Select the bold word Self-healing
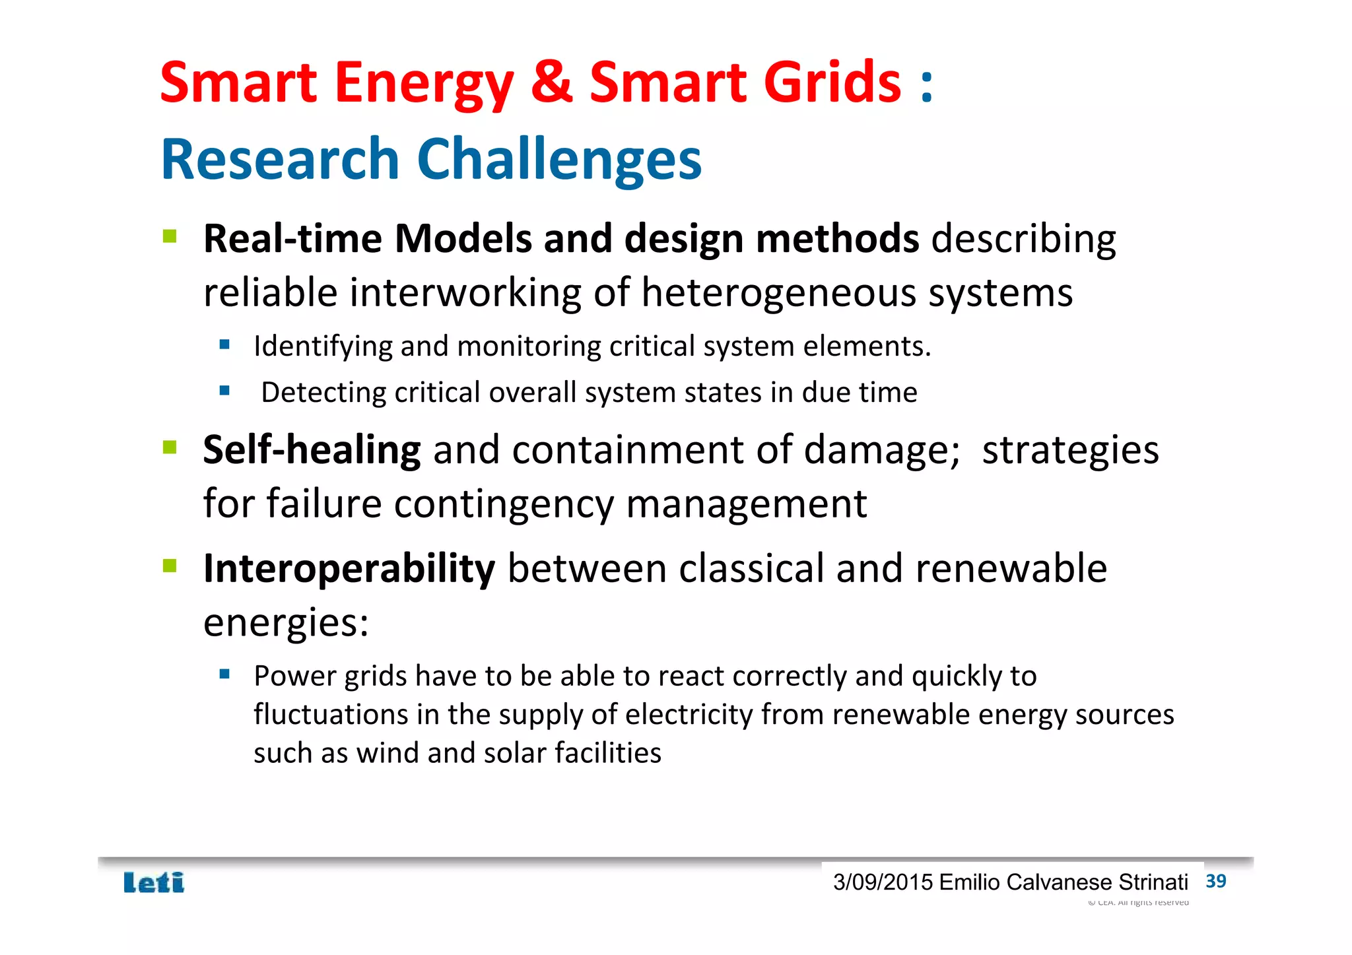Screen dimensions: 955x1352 [312, 450]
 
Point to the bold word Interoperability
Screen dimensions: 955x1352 [349, 569]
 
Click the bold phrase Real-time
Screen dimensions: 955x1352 [292, 238]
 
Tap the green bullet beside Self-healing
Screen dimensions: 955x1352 [170, 447]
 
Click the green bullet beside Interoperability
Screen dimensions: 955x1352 [170, 566]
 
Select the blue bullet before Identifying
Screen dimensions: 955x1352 [224, 344]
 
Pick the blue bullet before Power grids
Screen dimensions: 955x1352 [224, 674]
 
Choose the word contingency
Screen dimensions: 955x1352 [504, 505]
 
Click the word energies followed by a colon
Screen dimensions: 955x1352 [285, 622]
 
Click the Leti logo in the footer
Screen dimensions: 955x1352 [154, 882]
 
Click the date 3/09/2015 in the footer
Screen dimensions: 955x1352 [883, 882]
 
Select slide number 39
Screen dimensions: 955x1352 [1215, 881]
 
